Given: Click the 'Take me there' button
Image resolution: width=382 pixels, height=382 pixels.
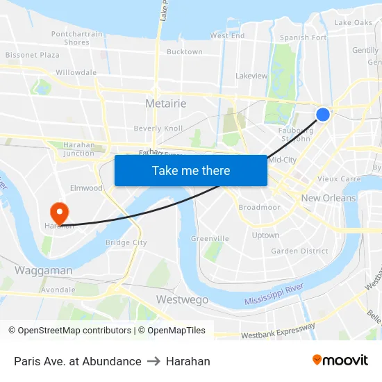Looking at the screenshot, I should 190,170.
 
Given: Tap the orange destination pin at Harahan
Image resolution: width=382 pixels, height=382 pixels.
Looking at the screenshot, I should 59,211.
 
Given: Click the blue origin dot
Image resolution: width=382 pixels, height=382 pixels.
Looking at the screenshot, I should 323,115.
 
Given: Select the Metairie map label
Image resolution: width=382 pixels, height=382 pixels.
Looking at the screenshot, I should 165,103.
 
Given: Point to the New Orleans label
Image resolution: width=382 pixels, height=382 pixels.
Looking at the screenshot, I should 328,198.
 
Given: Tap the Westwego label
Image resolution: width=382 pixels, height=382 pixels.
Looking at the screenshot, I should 182,299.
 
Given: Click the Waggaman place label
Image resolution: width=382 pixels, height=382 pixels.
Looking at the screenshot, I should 43,270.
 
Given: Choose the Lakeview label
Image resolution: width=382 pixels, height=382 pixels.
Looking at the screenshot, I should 251,76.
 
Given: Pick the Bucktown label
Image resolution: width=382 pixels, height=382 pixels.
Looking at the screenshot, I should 185,52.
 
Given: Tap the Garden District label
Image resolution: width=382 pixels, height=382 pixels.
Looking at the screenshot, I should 299,251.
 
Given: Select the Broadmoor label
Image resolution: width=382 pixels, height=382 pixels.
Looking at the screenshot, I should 259,207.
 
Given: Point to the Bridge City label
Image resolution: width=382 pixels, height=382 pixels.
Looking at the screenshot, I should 126,242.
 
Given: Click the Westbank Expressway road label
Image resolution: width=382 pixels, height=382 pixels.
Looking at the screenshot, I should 278,331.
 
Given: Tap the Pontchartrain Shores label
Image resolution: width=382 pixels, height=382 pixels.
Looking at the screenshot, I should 76,38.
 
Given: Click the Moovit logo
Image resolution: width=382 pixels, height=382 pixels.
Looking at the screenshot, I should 340,360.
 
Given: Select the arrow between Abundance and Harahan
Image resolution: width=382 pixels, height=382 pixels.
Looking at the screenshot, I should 153,361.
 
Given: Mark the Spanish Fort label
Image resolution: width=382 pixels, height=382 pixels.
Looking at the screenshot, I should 303,38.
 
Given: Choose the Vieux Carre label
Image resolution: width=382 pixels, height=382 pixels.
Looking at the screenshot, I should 339,178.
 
